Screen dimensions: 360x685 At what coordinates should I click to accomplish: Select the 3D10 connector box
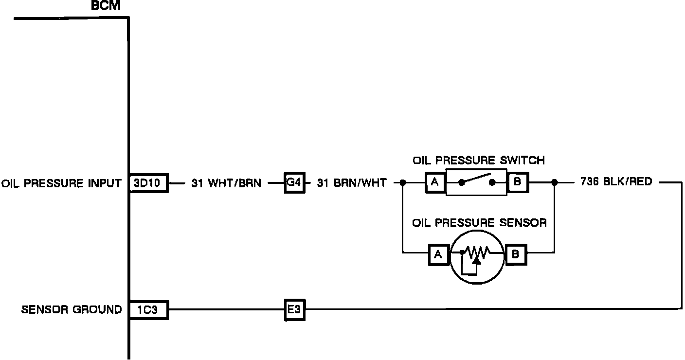pos(148,183)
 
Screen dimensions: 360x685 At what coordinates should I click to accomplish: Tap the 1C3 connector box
pos(148,309)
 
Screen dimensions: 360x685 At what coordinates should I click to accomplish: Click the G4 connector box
pos(294,183)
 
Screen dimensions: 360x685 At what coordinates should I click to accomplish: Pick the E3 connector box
pos(294,309)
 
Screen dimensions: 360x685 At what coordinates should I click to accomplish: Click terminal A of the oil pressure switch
pos(435,183)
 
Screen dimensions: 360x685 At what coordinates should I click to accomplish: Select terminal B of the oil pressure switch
pos(517,183)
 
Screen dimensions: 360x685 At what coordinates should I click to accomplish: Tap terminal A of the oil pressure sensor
pos(438,254)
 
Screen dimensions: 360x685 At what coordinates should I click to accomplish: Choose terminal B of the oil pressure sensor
pos(516,254)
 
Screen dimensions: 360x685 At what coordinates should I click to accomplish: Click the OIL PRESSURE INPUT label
pos(61,183)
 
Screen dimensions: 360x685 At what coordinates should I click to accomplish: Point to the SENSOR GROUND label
pos(72,309)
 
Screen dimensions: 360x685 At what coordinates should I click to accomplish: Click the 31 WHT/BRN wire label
pos(226,183)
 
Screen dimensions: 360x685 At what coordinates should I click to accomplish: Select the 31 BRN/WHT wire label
pos(352,183)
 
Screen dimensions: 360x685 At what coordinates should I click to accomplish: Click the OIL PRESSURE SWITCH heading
pos(479,160)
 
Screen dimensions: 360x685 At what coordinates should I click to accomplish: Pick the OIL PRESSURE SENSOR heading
pos(479,223)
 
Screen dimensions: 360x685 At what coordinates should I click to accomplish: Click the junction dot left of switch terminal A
pos(402,183)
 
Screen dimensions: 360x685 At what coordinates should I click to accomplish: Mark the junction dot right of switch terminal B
pos(554,183)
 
